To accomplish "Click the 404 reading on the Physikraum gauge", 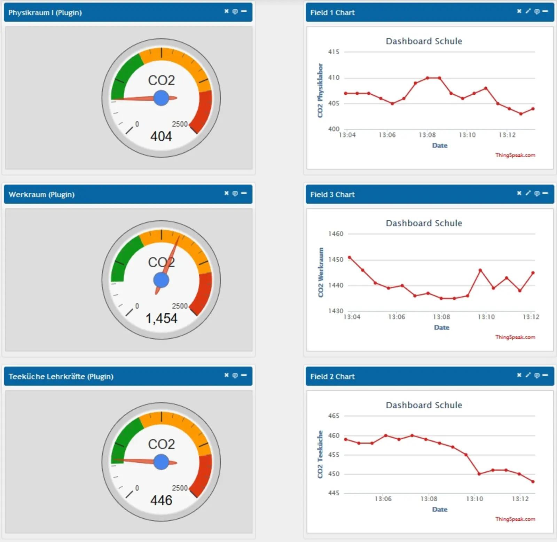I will click(x=161, y=136).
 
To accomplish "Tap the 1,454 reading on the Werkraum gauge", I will click(x=161, y=318).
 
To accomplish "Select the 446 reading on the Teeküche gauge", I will click(x=161, y=500).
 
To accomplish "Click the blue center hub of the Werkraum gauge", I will click(x=161, y=280).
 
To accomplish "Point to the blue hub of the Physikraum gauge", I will click(x=161, y=98).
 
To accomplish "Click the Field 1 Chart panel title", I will click(x=332, y=13).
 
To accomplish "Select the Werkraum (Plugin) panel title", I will click(x=41, y=195).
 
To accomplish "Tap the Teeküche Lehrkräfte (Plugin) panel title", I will click(x=61, y=377).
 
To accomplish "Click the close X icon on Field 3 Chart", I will click(x=519, y=193).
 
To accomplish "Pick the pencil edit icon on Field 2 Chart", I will click(x=528, y=375).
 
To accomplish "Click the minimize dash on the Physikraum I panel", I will click(x=244, y=11).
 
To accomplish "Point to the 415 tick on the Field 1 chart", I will click(x=334, y=52).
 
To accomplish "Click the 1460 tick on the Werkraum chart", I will click(x=336, y=234).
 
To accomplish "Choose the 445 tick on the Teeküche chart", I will click(x=334, y=493).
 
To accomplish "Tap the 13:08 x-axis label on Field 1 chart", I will click(x=427, y=135).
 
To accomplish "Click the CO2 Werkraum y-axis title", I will click(x=321, y=272).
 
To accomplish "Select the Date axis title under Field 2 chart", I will click(x=440, y=509).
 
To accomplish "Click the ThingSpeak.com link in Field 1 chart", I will click(x=515, y=155).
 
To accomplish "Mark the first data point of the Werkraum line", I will click(x=350, y=258).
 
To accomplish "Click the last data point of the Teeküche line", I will click(x=533, y=482).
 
